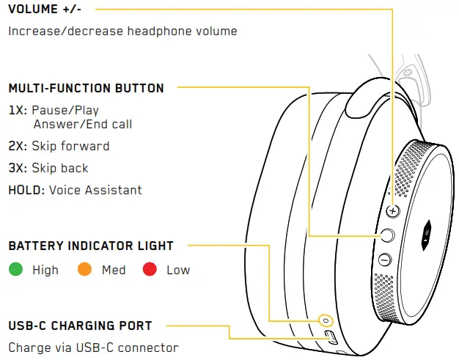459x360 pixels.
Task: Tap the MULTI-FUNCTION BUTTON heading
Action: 87,88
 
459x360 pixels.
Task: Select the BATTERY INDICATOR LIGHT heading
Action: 91,246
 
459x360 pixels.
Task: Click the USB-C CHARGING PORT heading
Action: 80,326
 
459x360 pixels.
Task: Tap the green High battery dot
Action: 15,270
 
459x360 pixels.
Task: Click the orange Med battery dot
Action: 85,270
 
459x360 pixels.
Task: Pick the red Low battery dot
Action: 150,270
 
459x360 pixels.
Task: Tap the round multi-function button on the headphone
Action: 388,235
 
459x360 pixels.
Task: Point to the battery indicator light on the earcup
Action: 323,321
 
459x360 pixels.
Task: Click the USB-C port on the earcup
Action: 330,337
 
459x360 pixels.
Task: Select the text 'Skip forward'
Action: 70,146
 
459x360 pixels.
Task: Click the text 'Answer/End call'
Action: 82,125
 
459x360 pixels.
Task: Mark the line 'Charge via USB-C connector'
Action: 93,347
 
